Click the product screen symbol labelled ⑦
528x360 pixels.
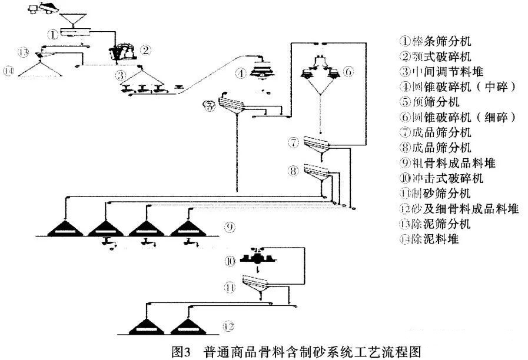[319, 143]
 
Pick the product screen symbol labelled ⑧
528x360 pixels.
[318, 172]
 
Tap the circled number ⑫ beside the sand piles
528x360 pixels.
[230, 325]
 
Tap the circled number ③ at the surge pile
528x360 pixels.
[120, 75]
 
